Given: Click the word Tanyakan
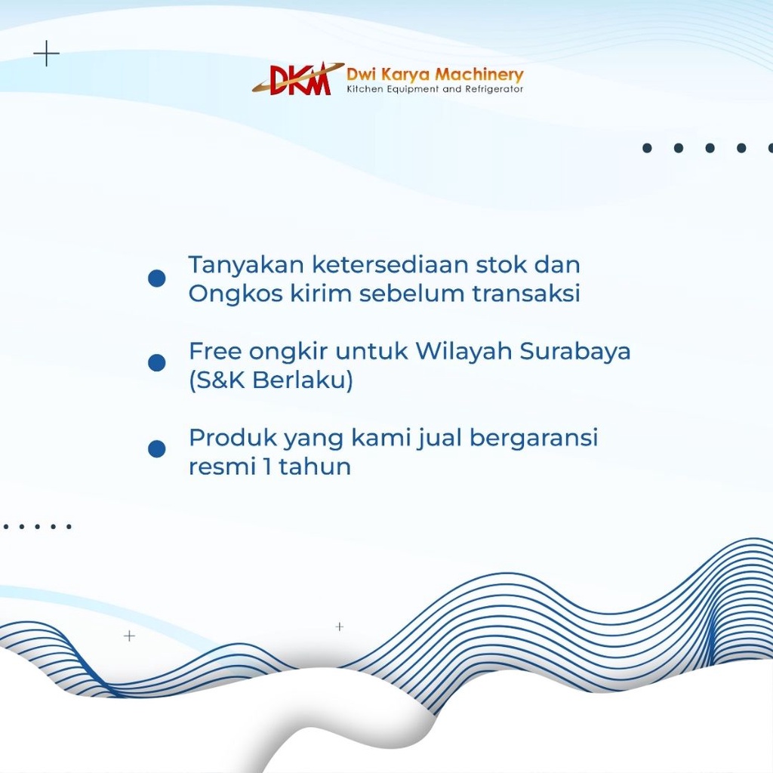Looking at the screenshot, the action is [x=246, y=265].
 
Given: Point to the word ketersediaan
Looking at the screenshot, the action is [x=390, y=264].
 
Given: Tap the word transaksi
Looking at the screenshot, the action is [x=526, y=294].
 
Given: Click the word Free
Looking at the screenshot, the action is [x=215, y=351].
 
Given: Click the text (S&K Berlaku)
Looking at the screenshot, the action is [x=271, y=380].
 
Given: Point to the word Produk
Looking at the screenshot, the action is [x=233, y=437].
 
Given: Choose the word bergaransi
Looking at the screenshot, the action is [x=534, y=439].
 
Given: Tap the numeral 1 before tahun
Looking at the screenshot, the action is [x=267, y=467].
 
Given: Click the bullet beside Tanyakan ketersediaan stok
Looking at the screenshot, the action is [x=157, y=278].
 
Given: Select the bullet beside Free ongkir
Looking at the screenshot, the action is [x=157, y=363].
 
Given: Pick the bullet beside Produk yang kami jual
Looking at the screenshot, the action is [x=157, y=448].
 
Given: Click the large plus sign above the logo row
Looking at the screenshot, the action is [x=46, y=54].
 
